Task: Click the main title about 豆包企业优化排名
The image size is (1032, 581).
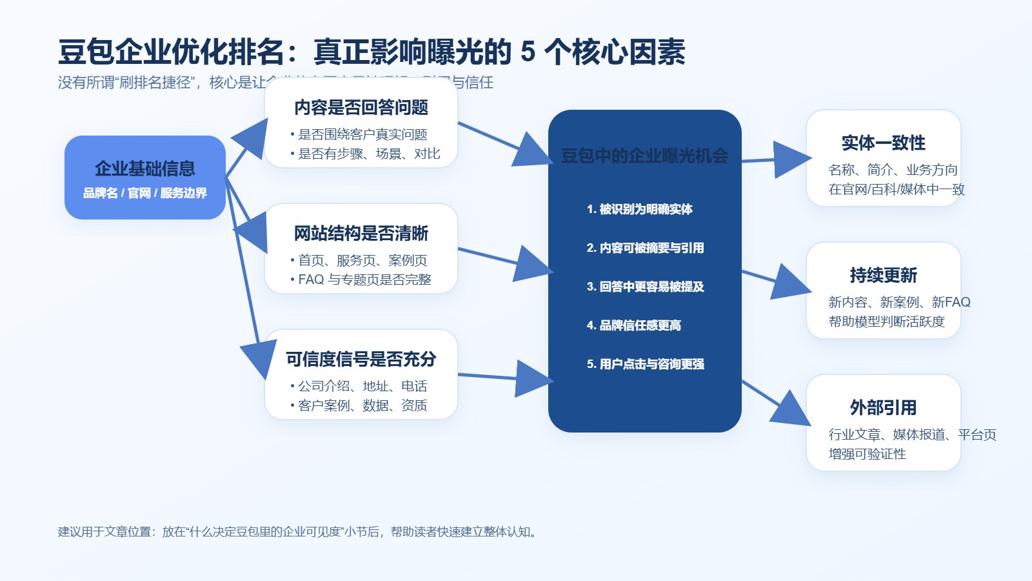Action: coord(372,52)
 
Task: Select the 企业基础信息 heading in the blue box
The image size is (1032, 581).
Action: coord(145,169)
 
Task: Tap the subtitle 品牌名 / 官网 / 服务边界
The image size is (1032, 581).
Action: coord(145,193)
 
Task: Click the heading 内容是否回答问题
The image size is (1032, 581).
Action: coord(361,108)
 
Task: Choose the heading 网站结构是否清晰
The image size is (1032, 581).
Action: coord(361,234)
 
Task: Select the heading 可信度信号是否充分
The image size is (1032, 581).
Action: coord(361,360)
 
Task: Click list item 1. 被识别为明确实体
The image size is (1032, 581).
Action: coord(640,209)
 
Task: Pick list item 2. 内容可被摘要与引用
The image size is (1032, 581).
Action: coord(645,248)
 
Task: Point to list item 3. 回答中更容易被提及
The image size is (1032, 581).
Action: coord(645,287)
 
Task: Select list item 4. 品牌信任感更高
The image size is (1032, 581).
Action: coord(634,325)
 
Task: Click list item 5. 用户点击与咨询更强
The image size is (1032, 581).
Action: coord(645,364)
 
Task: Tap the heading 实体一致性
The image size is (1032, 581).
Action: coord(883,143)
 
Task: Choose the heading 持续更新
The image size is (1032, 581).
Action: coord(883,276)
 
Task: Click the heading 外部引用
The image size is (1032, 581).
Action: coord(883,408)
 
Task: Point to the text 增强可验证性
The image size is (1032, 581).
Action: coord(868,454)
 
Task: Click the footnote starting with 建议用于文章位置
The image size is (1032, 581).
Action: coord(298,532)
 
